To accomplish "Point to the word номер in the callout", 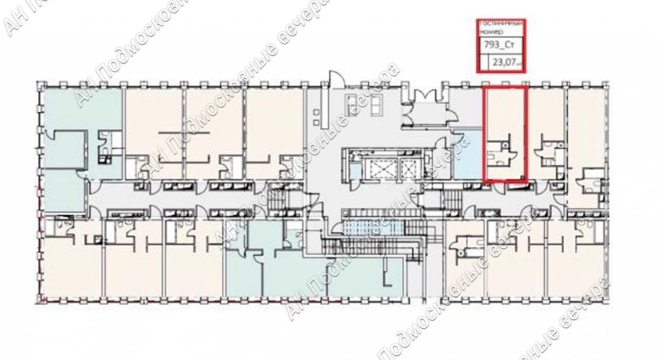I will point(490,31).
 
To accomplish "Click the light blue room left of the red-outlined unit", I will point(467,154).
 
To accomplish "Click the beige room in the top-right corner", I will point(586,123).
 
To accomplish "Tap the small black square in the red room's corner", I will point(523,178).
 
